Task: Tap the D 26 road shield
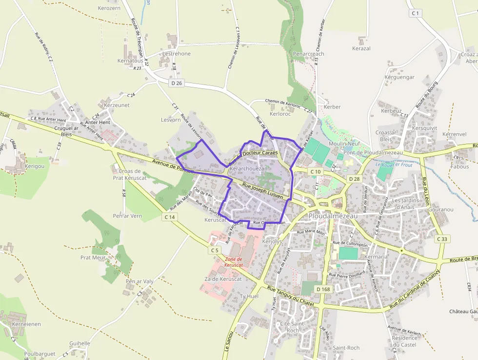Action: coord(177,83)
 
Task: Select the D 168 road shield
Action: coord(323,289)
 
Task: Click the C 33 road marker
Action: coord(442,239)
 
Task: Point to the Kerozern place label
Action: coord(109,8)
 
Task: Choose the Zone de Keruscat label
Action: coord(233,262)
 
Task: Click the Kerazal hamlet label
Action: coord(361,49)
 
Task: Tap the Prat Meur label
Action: coord(93,257)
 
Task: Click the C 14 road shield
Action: coord(169,216)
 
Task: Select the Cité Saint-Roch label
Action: coord(292,327)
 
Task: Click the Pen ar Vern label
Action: coord(127,216)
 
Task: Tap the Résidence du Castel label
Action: coord(404,341)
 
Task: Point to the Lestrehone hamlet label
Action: coord(177,54)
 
